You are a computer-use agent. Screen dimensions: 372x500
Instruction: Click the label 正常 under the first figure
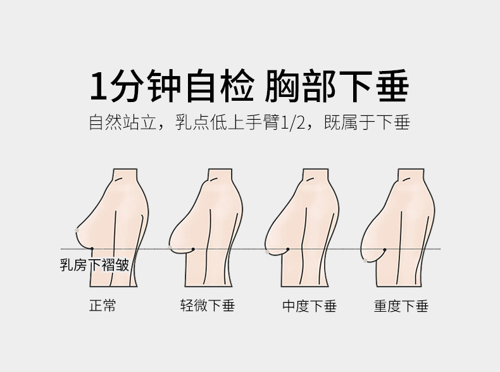click(103, 306)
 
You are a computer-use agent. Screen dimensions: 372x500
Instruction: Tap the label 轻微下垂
click(207, 306)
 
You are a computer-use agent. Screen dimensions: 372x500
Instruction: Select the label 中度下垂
click(309, 306)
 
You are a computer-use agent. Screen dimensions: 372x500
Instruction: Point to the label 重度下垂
click(401, 306)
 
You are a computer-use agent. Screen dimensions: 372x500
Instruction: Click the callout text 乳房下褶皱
click(94, 264)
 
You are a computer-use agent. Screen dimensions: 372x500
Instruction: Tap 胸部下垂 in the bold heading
click(335, 87)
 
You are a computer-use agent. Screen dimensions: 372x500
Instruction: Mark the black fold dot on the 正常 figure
click(92, 248)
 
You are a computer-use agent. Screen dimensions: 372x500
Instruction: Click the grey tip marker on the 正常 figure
click(76, 229)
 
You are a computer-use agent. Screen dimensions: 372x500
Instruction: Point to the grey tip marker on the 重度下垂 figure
click(366, 260)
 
